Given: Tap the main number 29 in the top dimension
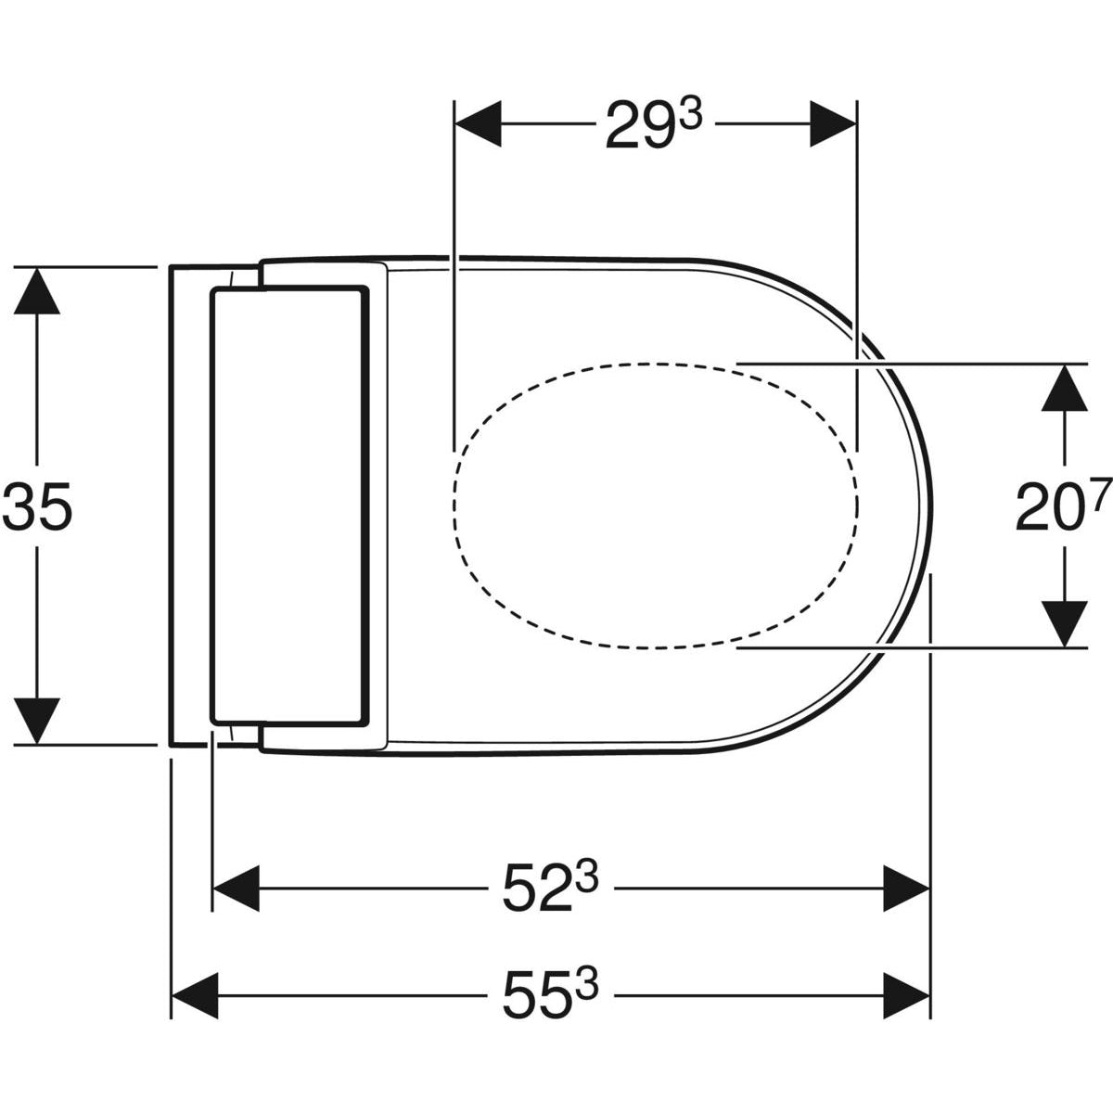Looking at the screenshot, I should click(634, 127).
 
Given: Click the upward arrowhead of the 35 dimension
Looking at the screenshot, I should click(36, 291).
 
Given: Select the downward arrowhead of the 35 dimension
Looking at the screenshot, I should click(36, 720).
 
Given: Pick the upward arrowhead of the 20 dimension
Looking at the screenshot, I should click(1065, 388).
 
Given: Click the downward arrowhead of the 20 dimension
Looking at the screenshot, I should click(1065, 622).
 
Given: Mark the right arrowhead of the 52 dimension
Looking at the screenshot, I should click(906, 889).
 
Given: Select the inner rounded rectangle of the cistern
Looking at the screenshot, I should click(288, 505).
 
